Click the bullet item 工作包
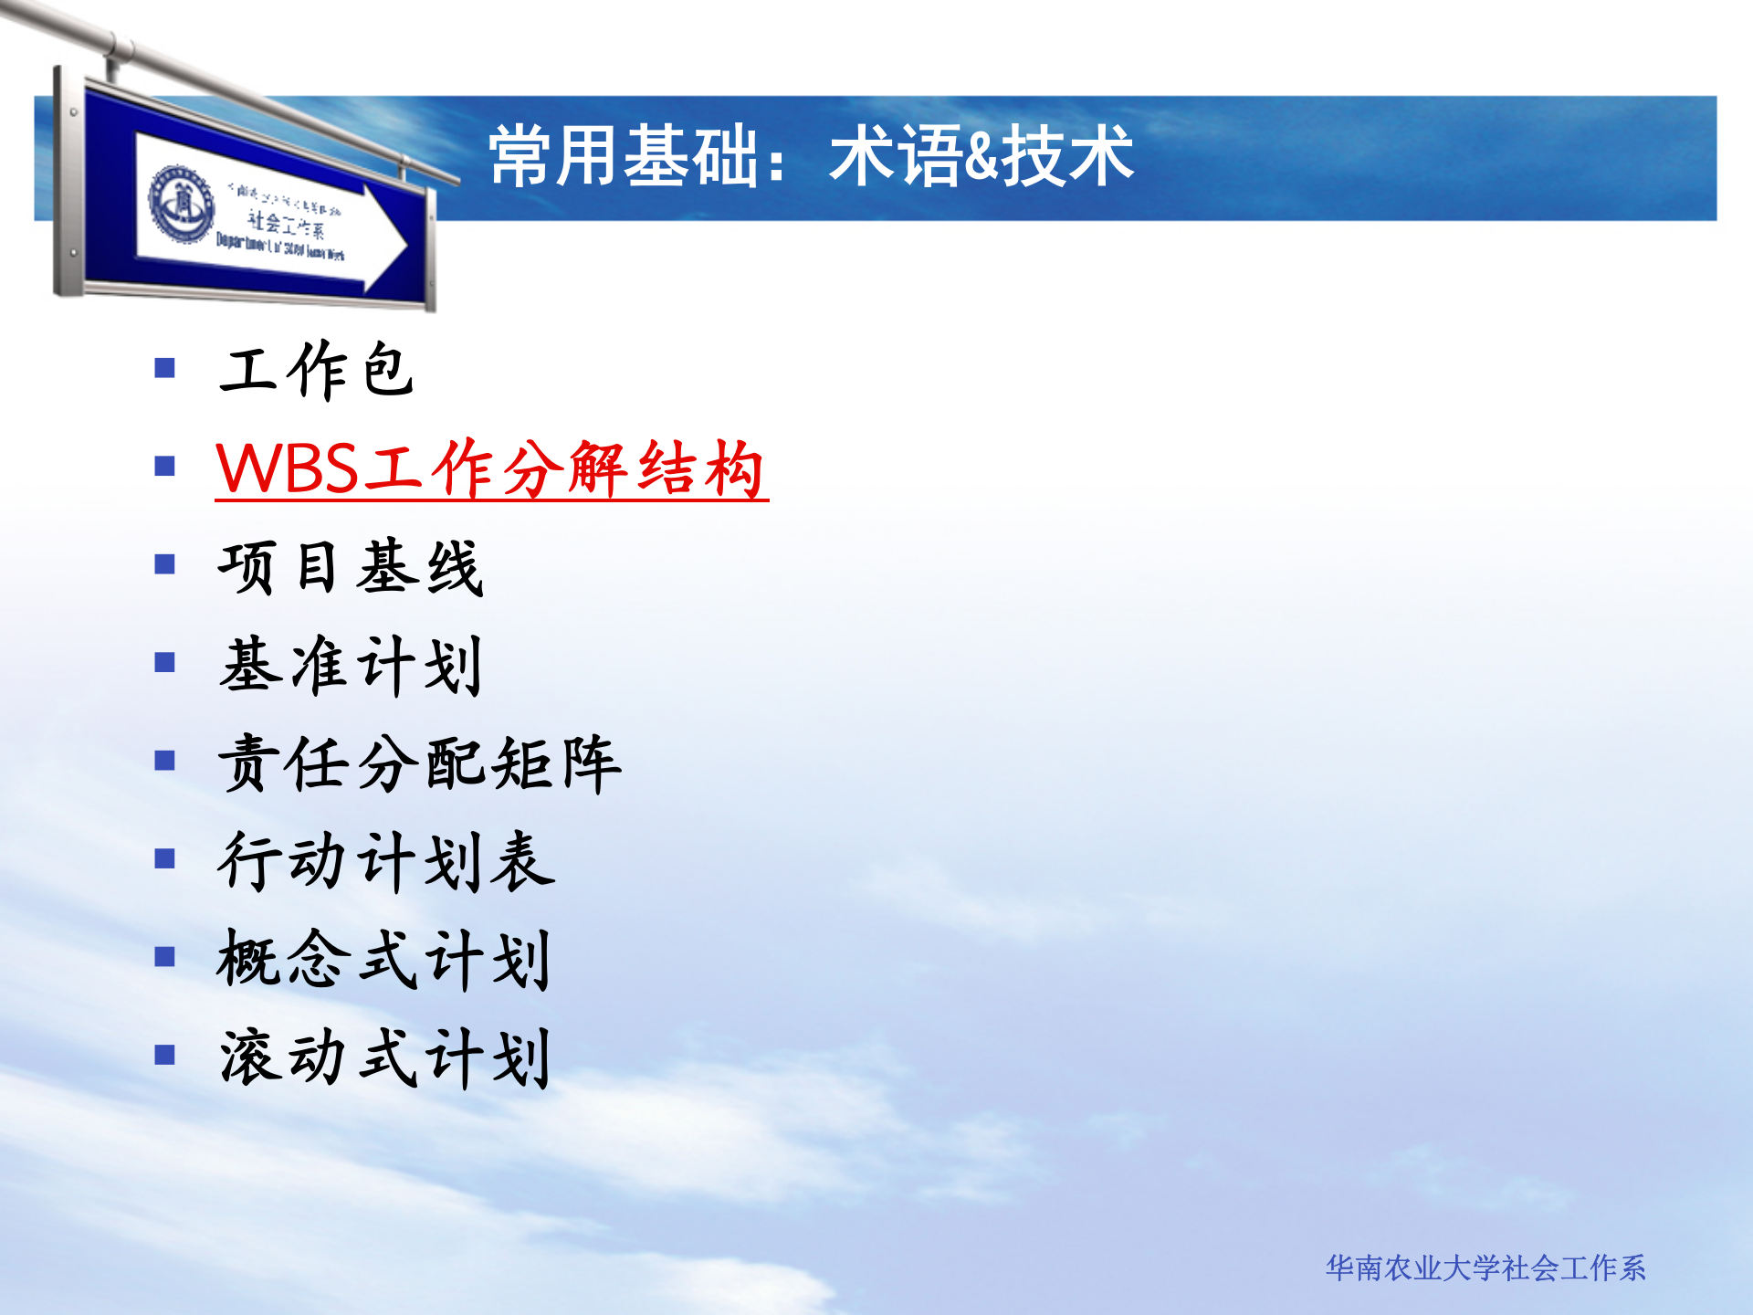pyautogui.click(x=315, y=370)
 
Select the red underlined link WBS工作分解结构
pyautogui.click(x=491, y=469)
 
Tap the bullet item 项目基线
pyautogui.click(x=351, y=567)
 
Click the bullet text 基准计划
pyautogui.click(x=351, y=666)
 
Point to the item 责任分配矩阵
pyautogui.click(x=420, y=763)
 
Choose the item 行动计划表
pyautogui.click(x=385, y=861)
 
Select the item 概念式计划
pyautogui.click(x=383, y=960)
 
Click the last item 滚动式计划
pyautogui.click(x=383, y=1057)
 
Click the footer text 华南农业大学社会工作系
pyautogui.click(x=1485, y=1268)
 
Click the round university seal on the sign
pyautogui.click(x=182, y=203)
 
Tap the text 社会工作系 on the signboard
pyautogui.click(x=286, y=222)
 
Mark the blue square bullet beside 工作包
pyautogui.click(x=164, y=368)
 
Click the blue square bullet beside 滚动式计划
pyautogui.click(x=164, y=1056)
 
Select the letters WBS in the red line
pyautogui.click(x=288, y=469)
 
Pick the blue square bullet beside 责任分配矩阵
pyautogui.click(x=164, y=761)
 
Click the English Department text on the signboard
pyautogui.click(x=279, y=247)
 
